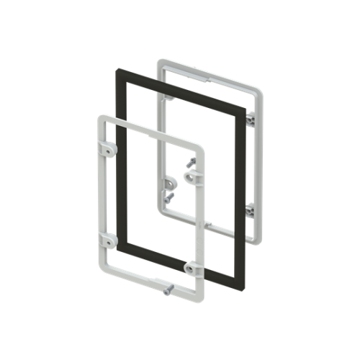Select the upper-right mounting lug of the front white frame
[191, 176]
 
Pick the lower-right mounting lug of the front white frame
[191, 268]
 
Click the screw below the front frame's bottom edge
[167, 290]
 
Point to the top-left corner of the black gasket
[119, 70]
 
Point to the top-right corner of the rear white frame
[258, 89]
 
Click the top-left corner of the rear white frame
[161, 60]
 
